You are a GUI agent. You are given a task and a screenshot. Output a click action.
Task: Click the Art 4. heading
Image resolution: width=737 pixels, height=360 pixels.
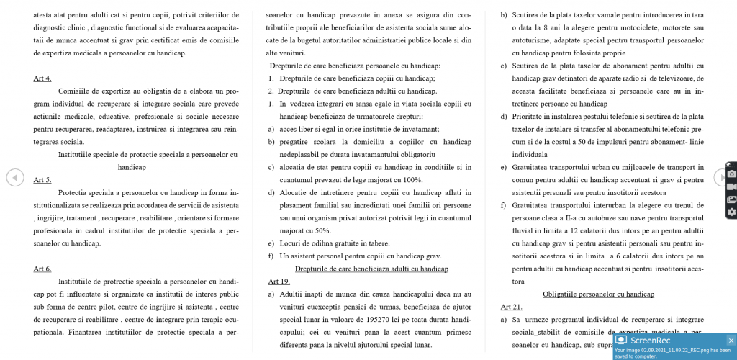pyautogui.click(x=42, y=78)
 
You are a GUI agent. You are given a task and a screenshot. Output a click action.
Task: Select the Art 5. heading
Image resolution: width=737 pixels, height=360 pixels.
pyautogui.click(x=42, y=179)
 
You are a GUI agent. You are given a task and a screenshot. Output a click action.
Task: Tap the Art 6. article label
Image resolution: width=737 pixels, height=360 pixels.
pyautogui.click(x=42, y=269)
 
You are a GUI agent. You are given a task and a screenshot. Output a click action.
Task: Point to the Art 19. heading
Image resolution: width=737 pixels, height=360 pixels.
pyautogui.click(x=279, y=281)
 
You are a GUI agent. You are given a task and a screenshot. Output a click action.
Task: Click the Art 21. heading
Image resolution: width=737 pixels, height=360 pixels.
pyautogui.click(x=511, y=307)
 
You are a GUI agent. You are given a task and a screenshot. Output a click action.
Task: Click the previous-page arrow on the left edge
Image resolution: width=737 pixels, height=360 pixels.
pyautogui.click(x=14, y=176)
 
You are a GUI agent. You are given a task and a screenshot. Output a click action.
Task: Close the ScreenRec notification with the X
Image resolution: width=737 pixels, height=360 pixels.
pyautogui.click(x=731, y=341)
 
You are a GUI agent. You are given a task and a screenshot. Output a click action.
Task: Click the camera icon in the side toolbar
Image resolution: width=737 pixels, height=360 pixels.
pyautogui.click(x=731, y=174)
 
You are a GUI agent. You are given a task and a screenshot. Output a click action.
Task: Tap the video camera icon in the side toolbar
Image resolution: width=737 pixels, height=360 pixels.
pyautogui.click(x=731, y=186)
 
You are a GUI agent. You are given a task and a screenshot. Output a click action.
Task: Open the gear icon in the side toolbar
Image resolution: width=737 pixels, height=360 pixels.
pyautogui.click(x=731, y=212)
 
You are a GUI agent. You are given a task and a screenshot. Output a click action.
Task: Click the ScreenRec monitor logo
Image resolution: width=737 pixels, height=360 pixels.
pyautogui.click(x=621, y=340)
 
